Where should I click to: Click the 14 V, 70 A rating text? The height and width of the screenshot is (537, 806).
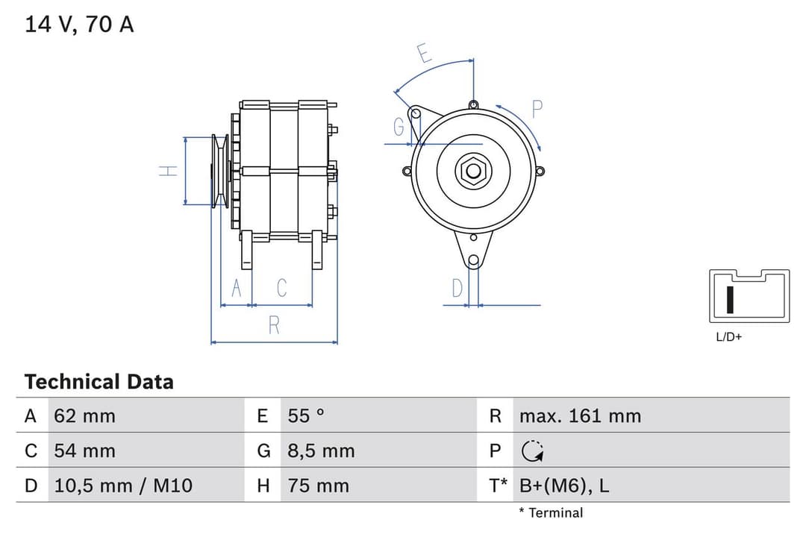(x=79, y=25)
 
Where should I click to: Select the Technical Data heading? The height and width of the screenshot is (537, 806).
(x=99, y=382)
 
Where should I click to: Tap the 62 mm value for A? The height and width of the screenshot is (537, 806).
(x=84, y=415)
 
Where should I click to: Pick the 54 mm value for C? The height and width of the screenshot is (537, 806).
(x=84, y=450)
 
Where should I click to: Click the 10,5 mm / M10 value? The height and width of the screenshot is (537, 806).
(x=123, y=486)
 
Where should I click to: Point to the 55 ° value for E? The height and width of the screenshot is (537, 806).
(x=306, y=415)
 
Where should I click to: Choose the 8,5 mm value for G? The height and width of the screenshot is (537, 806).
(x=321, y=450)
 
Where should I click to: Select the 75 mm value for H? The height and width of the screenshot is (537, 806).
(x=318, y=486)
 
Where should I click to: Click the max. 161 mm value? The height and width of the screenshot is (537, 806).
(x=580, y=415)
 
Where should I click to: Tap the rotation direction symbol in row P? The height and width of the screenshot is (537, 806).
(x=532, y=450)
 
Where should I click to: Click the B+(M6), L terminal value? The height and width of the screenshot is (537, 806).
(x=564, y=486)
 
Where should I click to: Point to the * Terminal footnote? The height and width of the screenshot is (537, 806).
(x=551, y=512)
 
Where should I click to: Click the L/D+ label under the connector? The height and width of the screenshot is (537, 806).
(x=729, y=337)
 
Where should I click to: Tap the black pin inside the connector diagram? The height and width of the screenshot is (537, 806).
(x=731, y=298)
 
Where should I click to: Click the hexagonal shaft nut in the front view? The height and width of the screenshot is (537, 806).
(x=473, y=171)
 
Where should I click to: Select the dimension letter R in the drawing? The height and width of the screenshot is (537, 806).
(x=274, y=325)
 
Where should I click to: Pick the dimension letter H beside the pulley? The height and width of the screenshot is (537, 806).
(x=169, y=171)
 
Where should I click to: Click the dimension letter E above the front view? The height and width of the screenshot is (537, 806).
(x=423, y=54)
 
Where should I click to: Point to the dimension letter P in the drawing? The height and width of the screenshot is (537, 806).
(x=536, y=109)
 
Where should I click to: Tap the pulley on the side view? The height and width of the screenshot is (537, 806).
(x=219, y=171)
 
